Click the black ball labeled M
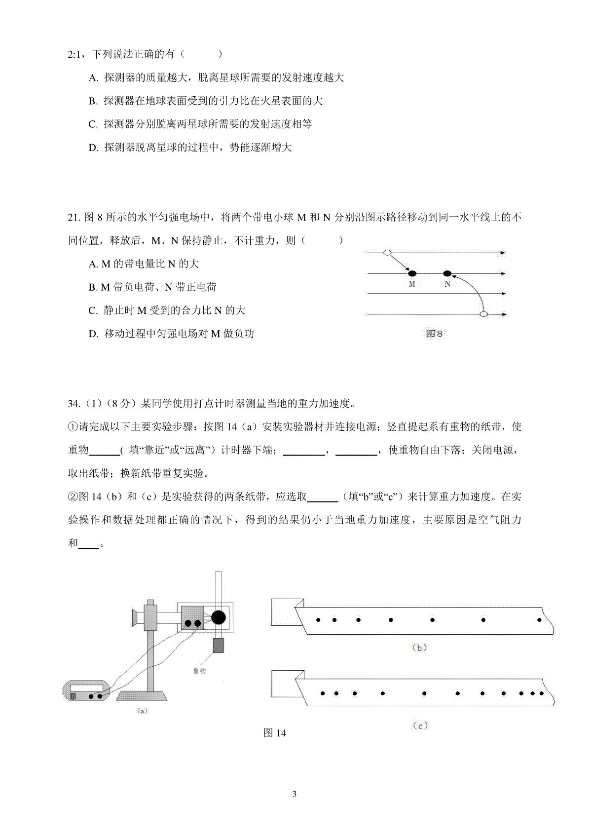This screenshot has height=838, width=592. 412,273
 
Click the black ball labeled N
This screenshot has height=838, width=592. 447,273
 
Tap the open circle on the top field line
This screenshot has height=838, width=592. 388,253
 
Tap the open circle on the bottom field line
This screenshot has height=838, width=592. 484,314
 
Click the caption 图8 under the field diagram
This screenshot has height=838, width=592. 434,334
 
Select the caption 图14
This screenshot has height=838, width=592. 275,733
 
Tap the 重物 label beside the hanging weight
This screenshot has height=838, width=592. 199,671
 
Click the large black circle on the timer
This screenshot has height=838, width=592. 219,617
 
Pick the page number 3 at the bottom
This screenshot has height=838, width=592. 295,794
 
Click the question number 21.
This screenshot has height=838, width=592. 74,217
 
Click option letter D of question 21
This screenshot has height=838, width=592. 93,334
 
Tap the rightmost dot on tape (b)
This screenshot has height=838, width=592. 539,620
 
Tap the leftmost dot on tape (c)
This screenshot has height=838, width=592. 323,693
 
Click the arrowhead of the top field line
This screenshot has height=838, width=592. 503,253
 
